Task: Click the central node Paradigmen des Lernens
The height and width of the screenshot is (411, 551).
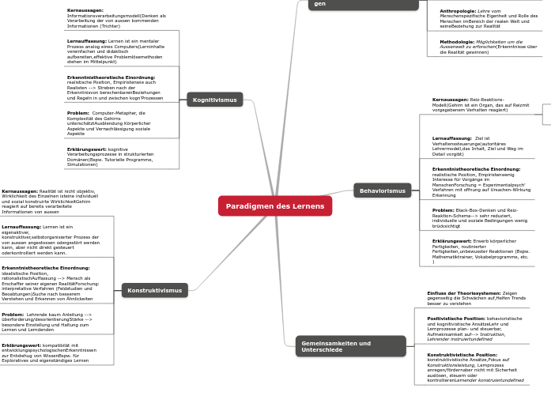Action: [275, 205]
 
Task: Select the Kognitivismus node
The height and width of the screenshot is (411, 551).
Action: [214, 100]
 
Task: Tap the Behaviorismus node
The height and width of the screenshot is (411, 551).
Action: [382, 190]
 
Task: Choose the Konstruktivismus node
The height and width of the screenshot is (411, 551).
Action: [155, 290]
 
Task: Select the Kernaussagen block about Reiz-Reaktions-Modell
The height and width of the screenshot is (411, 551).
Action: [481, 104]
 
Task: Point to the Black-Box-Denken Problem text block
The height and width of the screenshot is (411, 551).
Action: [480, 217]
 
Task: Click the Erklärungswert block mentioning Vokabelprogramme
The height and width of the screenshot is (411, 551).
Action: [481, 251]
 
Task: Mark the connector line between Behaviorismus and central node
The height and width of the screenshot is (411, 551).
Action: [343, 198]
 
